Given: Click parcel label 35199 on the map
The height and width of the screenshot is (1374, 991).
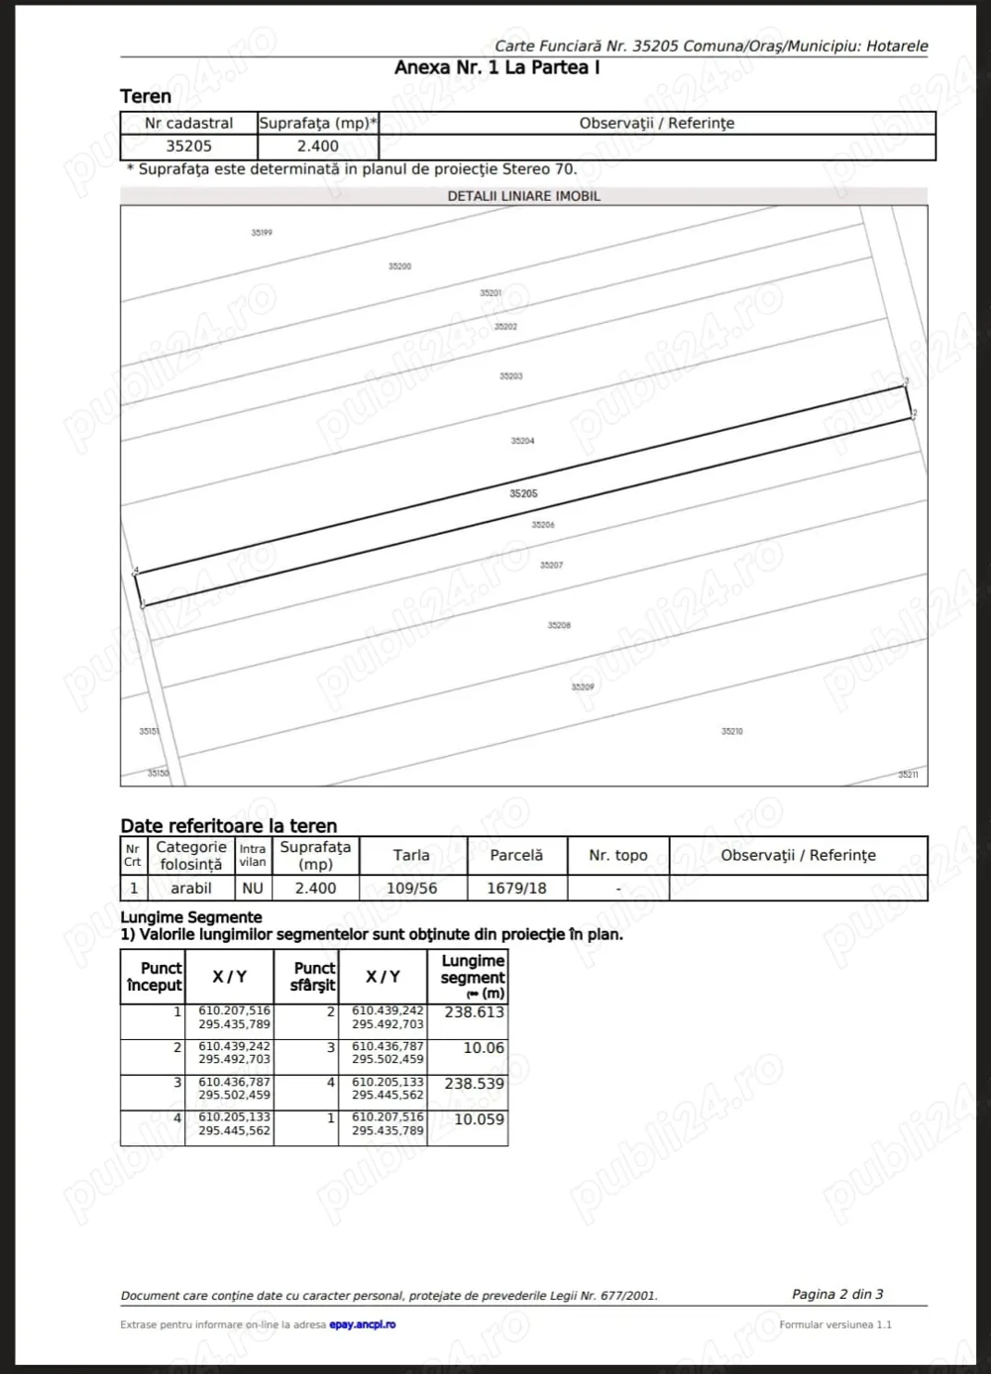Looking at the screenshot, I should (262, 233).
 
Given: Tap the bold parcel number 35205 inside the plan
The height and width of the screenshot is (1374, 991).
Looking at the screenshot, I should (523, 493).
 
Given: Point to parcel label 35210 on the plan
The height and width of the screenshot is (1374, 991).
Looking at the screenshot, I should (731, 731).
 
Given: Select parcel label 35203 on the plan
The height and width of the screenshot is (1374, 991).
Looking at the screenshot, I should (510, 376).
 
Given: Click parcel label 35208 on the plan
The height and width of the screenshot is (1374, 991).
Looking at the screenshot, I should (559, 625).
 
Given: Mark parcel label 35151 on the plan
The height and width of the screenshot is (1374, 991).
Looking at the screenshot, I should (149, 731).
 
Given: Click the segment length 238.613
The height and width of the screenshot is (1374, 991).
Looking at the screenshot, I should (474, 1012).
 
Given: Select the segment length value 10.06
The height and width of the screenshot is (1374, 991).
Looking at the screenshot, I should (484, 1048).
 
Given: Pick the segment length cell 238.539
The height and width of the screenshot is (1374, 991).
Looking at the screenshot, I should (474, 1084).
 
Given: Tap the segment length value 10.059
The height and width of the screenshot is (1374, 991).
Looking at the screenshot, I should (479, 1119).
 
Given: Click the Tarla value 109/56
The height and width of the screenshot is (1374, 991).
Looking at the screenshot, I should (411, 889).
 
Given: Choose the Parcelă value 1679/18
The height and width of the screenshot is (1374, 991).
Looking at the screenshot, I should (516, 889).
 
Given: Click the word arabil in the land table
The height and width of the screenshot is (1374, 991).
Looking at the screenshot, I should (190, 889).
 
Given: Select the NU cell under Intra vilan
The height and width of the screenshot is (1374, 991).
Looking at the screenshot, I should (253, 889).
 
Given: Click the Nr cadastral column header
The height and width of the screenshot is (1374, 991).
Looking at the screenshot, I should (188, 123).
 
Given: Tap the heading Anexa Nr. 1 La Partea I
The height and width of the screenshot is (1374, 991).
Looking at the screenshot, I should (496, 67).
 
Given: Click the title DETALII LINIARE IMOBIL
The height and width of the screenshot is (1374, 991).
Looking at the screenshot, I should (523, 196).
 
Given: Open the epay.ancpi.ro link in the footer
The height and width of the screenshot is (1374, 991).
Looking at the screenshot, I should (362, 1324).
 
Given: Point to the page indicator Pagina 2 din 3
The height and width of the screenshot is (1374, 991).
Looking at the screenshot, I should (837, 1294).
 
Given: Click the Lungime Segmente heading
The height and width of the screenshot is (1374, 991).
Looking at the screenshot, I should (191, 917).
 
